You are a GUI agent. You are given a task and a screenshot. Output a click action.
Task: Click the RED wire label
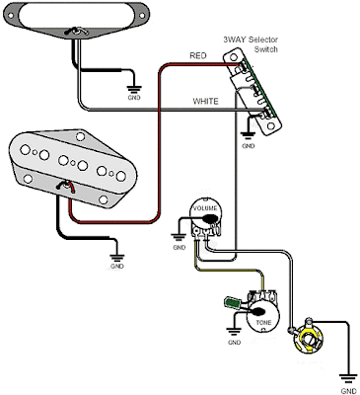tap(198, 55)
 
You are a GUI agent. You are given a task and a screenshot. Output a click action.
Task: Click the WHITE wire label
tap(205, 101)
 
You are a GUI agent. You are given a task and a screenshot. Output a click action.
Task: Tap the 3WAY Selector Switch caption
tap(251, 44)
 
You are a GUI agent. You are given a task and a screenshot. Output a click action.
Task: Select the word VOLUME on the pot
tap(205, 208)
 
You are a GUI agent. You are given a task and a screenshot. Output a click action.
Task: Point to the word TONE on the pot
tap(263, 322)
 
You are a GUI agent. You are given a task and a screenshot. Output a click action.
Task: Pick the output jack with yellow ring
tap(310, 340)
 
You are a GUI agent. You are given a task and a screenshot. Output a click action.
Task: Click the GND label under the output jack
tap(348, 391)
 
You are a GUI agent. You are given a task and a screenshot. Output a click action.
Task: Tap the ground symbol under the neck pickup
tap(134, 89)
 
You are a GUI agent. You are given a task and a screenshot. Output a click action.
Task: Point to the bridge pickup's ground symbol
tap(117, 258)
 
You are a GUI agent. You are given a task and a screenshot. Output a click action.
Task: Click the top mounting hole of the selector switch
tap(234, 57)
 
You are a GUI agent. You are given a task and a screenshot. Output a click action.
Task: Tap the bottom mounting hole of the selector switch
tap(271, 125)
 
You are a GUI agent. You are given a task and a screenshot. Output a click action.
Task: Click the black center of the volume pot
tap(210, 218)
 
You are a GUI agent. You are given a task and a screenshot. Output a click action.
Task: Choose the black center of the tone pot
tap(258, 311)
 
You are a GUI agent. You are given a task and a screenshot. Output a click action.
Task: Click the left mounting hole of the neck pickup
tap(11, 16)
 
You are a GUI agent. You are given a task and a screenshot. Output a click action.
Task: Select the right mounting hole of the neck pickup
tap(142, 16)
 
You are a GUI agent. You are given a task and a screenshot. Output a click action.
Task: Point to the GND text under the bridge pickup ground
tap(117, 266)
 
